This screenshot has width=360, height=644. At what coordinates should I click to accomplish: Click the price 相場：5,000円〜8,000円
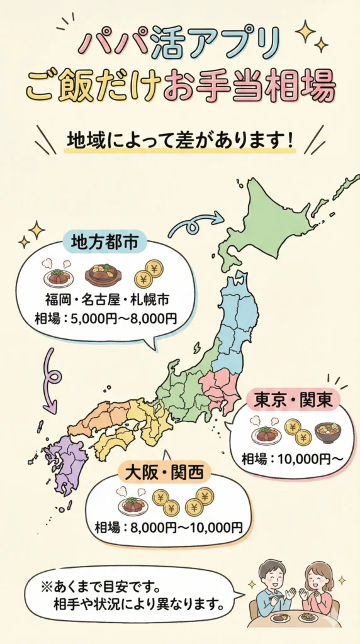(x=105, y=318)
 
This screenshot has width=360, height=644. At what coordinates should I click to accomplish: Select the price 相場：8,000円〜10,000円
(x=168, y=526)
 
